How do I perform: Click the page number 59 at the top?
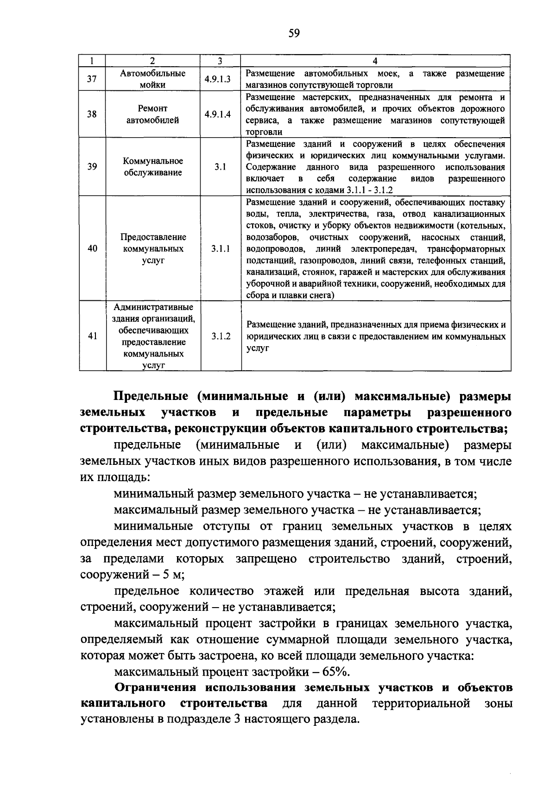click(x=294, y=33)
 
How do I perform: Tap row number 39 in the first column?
click(x=92, y=167)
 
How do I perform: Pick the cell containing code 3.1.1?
click(x=221, y=249)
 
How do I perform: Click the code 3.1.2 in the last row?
click(x=221, y=336)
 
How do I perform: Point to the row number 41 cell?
click(x=92, y=336)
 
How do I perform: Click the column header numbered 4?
click(x=375, y=61)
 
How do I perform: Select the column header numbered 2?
click(x=153, y=61)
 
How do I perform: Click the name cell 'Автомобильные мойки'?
click(x=153, y=79)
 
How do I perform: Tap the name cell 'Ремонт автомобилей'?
click(x=153, y=114)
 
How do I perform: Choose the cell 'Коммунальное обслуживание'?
click(x=153, y=167)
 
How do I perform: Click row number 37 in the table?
click(x=92, y=79)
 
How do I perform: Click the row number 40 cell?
click(x=92, y=249)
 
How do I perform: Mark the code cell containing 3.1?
click(x=221, y=167)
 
